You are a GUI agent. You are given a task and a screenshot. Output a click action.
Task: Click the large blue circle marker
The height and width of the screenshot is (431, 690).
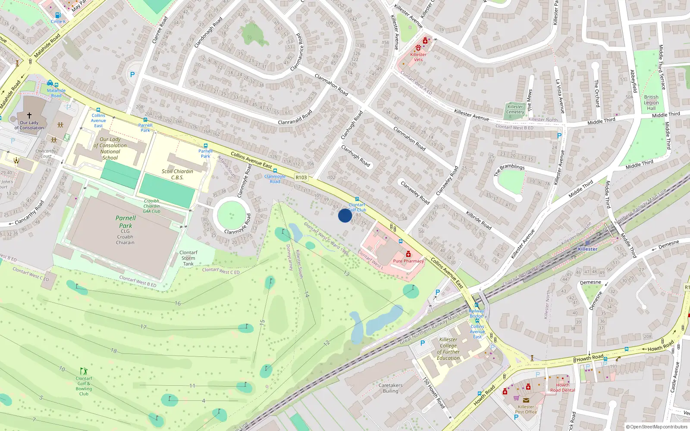(x=345, y=215)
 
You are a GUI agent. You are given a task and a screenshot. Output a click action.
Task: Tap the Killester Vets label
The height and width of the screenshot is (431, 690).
(x=418, y=57)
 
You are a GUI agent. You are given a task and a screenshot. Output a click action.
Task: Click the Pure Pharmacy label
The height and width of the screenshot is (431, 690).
(x=408, y=261)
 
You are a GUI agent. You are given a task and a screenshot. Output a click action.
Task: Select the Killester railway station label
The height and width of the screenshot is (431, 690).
(x=587, y=249)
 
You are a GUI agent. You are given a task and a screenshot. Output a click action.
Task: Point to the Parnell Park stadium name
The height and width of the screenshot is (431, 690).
(x=125, y=222)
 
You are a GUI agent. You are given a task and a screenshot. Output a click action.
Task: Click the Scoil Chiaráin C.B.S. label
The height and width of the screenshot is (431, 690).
(x=177, y=174)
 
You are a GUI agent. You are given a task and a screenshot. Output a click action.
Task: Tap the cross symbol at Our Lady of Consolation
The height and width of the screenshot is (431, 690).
(x=29, y=116)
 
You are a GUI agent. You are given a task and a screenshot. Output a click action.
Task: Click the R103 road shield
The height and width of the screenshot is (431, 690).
(x=301, y=178)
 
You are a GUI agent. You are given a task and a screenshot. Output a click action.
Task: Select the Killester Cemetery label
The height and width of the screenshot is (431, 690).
(x=515, y=109)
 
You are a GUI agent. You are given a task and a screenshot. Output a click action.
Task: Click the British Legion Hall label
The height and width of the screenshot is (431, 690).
(x=651, y=103)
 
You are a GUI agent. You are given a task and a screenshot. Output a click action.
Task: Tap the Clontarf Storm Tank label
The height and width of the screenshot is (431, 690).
(x=188, y=258)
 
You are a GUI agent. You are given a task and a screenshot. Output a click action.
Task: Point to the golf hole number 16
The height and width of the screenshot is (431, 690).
(x=178, y=303)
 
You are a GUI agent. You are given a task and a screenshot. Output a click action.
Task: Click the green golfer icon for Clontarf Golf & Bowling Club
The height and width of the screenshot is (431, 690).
(x=84, y=371)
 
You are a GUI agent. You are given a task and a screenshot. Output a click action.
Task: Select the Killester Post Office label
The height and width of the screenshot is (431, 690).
(x=526, y=409)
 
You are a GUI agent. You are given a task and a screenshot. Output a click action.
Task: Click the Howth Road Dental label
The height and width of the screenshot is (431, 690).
(x=562, y=387)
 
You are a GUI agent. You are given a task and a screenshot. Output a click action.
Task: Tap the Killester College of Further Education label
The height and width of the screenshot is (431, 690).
(x=448, y=349)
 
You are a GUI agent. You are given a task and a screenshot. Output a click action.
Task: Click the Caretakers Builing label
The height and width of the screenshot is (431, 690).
(x=390, y=388)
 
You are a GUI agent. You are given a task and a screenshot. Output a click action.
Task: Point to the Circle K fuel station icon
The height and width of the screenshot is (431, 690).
(x=58, y=15)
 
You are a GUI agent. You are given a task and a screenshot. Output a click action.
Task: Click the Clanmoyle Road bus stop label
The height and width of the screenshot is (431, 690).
(x=275, y=179)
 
